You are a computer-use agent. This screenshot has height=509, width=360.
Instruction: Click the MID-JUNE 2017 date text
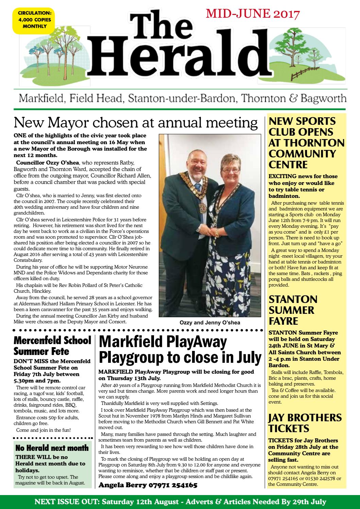pos(253,14)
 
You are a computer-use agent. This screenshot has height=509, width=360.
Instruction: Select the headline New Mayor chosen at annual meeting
pos(135,123)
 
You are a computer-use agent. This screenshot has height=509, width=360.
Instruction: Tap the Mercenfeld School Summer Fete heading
pos(52,345)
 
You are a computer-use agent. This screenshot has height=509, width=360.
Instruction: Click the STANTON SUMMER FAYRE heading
pos(293,310)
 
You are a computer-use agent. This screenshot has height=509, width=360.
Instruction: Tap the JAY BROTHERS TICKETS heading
pos(305,423)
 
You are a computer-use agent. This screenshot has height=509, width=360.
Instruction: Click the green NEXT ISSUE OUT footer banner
pos(180,502)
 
